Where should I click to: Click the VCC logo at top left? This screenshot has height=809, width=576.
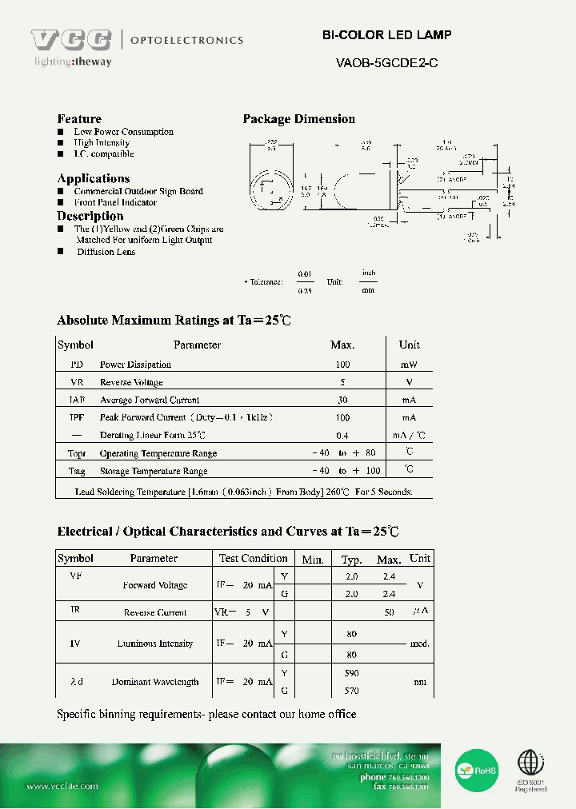click(71, 40)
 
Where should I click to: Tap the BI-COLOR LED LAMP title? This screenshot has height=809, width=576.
click(386, 35)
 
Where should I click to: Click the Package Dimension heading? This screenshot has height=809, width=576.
click(298, 119)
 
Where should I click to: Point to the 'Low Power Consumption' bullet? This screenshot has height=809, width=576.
click(123, 132)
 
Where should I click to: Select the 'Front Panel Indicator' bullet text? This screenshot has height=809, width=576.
click(115, 202)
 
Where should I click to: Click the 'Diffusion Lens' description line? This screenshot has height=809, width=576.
click(106, 252)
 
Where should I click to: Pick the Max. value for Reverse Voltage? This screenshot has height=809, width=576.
click(342, 382)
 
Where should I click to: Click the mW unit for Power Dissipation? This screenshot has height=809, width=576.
click(409, 365)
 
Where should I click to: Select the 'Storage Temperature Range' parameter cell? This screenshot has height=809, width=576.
click(153, 472)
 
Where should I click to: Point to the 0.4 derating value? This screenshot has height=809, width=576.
click(342, 436)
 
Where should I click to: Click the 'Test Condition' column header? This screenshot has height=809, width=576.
click(253, 558)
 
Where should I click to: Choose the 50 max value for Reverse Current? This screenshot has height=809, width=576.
click(389, 612)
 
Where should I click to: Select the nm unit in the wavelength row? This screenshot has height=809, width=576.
click(420, 682)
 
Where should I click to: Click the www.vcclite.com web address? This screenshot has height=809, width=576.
click(62, 786)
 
